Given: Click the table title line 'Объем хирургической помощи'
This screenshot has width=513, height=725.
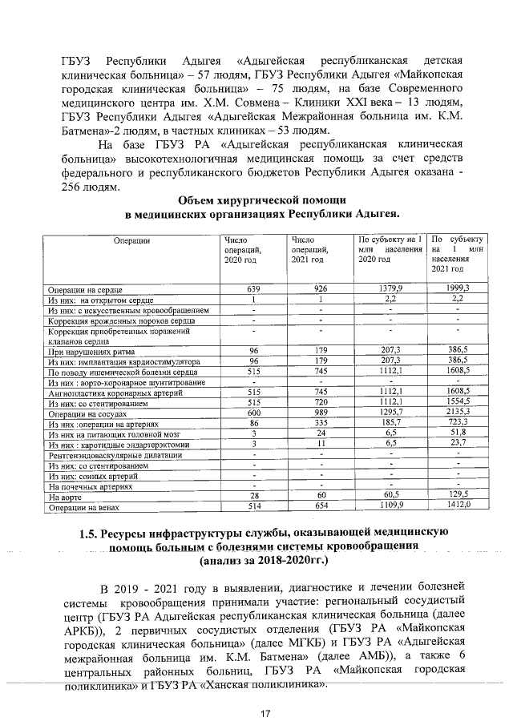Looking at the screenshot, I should tap(261, 200).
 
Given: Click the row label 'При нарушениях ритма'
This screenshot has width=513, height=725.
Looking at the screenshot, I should tap(84, 351).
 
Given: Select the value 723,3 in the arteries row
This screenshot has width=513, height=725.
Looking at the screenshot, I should tap(457, 423).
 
